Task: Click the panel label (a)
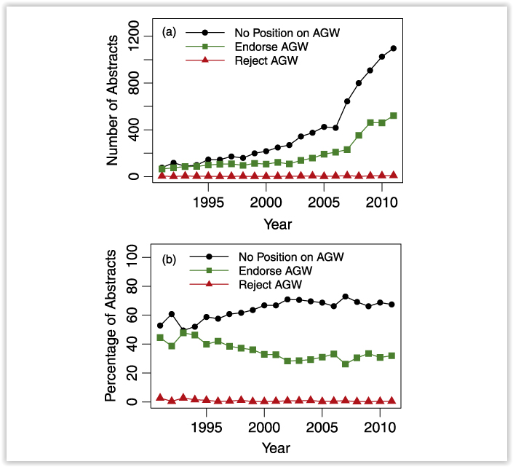tap(169, 33)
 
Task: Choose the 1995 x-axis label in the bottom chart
tap(209, 425)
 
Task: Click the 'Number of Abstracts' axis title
tap(113, 104)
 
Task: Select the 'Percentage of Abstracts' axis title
tap(111, 326)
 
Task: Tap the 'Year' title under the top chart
tap(278, 223)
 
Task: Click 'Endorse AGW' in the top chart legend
tap(271, 47)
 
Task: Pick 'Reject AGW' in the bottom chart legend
tap(268, 284)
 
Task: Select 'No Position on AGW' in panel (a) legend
tap(287, 33)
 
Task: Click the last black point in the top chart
tap(394, 48)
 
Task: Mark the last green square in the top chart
tap(394, 115)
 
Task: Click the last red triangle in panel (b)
tap(394, 400)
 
